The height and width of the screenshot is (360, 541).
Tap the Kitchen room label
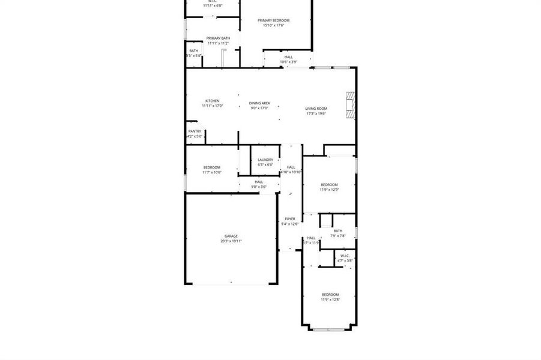(213, 101)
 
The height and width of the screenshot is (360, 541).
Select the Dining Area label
(259, 103)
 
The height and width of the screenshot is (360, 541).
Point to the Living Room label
(316, 109)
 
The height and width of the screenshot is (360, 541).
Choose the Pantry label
(195, 131)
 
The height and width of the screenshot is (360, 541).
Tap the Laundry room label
(265, 160)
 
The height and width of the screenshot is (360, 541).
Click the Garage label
(231, 236)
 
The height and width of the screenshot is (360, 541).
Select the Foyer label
(290, 219)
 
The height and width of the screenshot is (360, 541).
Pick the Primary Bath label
(218, 38)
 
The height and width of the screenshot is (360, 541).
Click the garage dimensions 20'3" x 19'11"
(231, 241)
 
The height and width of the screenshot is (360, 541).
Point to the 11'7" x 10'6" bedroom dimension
(212, 172)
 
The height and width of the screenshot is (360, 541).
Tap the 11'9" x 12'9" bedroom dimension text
(329, 190)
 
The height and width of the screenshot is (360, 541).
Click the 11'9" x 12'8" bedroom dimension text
(330, 299)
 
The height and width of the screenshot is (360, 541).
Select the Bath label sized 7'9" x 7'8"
(338, 231)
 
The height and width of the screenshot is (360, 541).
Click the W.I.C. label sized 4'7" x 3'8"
(345, 256)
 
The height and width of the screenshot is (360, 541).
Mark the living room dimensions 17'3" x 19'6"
(316, 113)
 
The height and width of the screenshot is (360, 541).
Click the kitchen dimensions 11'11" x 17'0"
(213, 106)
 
